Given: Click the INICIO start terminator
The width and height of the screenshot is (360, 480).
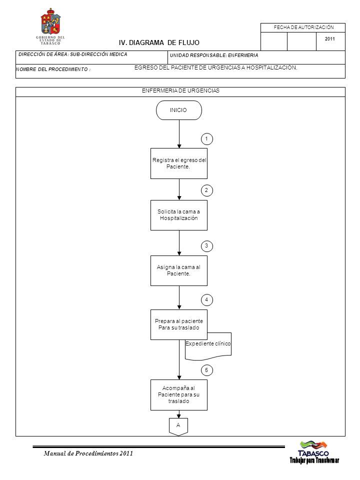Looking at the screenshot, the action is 179,110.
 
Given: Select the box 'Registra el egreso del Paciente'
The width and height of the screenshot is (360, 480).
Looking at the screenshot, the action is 179,163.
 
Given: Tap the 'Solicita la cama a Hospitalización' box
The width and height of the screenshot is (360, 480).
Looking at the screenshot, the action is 179,215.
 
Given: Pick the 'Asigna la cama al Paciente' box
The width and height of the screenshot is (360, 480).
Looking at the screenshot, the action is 179,270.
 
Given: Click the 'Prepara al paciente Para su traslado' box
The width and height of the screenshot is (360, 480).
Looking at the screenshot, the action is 179,324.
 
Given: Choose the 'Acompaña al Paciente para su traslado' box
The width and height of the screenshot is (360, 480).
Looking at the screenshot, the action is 179,395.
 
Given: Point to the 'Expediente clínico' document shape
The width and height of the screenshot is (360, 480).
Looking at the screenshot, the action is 208,346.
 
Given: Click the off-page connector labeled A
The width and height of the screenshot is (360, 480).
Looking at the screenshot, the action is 178,426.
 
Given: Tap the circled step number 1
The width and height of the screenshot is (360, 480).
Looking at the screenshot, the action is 206,139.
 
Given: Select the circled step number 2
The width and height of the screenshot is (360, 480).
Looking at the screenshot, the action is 206,190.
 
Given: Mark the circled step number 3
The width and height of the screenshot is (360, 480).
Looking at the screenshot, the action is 206,246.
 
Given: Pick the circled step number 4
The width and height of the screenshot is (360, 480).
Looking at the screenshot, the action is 206,299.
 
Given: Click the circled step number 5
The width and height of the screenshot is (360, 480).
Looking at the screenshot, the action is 206,370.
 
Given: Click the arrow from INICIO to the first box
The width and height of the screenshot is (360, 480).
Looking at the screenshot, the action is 179,134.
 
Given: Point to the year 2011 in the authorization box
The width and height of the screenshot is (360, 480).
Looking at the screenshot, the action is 329,39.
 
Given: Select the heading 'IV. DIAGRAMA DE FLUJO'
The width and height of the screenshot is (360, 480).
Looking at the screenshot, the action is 159,42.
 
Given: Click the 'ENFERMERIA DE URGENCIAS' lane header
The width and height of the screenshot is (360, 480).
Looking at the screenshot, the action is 180,90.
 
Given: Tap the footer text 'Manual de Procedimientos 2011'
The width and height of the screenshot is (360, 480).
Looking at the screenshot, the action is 88,453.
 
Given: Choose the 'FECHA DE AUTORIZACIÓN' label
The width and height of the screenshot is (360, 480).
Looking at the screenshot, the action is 303,27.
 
